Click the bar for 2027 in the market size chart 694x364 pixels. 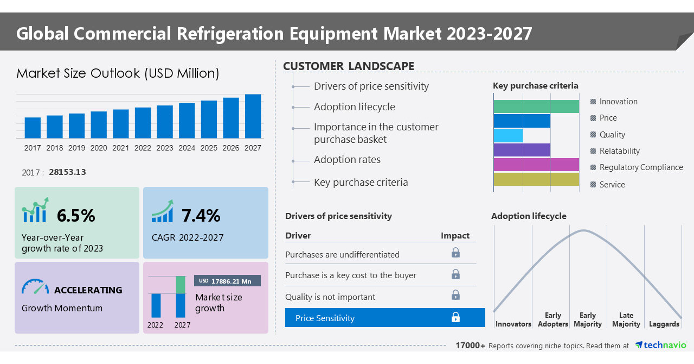click(x=253, y=116)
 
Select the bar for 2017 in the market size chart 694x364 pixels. click(x=33, y=128)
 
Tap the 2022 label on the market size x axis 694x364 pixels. click(x=143, y=148)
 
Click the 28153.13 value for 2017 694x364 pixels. click(x=67, y=172)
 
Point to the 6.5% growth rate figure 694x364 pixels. click(x=76, y=216)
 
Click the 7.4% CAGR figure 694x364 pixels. click(x=201, y=216)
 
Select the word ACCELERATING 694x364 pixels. click(x=88, y=290)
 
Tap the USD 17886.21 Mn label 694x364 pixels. click(x=227, y=281)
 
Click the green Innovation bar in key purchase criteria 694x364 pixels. click(x=536, y=106)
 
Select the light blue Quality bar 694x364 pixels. click(x=508, y=135)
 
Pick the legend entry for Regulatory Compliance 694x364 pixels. click(x=641, y=167)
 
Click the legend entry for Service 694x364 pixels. click(x=612, y=185)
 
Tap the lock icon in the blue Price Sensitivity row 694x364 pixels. click(x=455, y=318)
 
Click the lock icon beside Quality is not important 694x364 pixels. click(x=455, y=295)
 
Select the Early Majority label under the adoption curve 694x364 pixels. click(x=588, y=319)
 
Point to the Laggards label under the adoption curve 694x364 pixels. click(x=664, y=324)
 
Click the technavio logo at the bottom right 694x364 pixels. click(x=661, y=345)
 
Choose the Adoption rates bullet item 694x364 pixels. click(x=347, y=160)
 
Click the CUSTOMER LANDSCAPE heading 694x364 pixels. click(x=349, y=66)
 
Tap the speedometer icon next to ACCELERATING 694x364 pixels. click(x=35, y=287)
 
